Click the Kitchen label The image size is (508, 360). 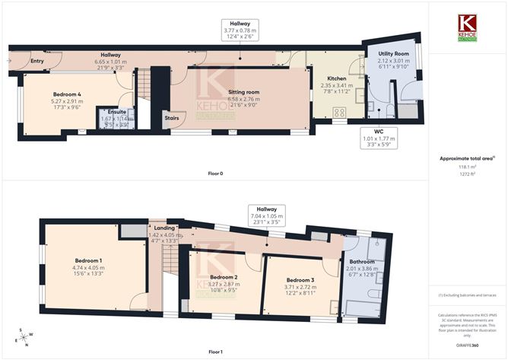click(337, 78)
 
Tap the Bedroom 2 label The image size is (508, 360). click(224, 277)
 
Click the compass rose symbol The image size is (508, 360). click(23, 337)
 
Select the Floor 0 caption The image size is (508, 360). click(215, 174)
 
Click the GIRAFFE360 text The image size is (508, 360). click(466, 346)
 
